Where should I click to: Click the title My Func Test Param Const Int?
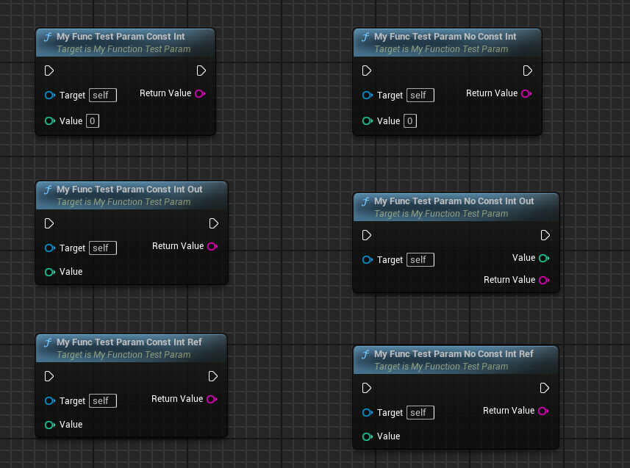pyautogui.click(x=121, y=36)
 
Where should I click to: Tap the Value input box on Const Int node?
pyautogui.click(x=93, y=120)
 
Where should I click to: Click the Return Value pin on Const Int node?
pyautogui.click(x=199, y=93)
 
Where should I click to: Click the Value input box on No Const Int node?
pyautogui.click(x=410, y=120)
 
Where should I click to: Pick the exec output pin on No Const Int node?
pyautogui.click(x=528, y=71)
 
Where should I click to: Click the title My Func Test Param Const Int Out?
pyautogui.click(x=129, y=189)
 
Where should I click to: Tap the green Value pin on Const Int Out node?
pyautogui.click(x=49, y=272)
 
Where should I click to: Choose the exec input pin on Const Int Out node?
pyautogui.click(x=49, y=223)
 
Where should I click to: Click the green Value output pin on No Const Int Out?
pyautogui.click(x=543, y=258)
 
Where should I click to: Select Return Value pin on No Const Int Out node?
pyautogui.click(x=543, y=280)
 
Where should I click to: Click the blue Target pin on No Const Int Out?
pyautogui.click(x=367, y=259)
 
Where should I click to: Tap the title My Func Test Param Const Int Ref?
pyautogui.click(x=129, y=342)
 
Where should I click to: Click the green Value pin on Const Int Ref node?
pyautogui.click(x=49, y=425)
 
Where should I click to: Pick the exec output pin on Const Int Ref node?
pyautogui.click(x=213, y=376)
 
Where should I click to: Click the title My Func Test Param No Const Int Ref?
pyautogui.click(x=454, y=353)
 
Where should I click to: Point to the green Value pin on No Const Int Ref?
pyautogui.click(x=367, y=436)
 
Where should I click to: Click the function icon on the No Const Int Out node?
pyautogui.click(x=365, y=201)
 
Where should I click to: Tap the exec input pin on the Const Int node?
pyautogui.click(x=49, y=71)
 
